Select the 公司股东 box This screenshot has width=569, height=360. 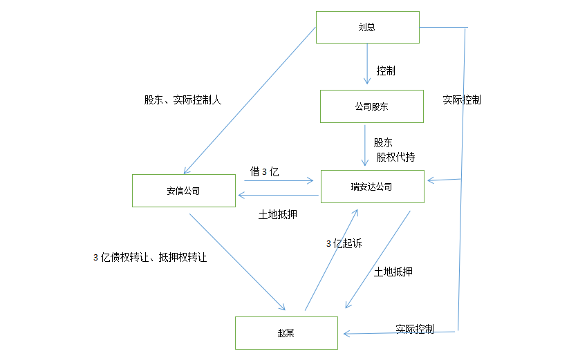pyautogui.click(x=371, y=106)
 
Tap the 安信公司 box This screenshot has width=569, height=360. pyautogui.click(x=183, y=191)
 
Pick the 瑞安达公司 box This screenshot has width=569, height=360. pyautogui.click(x=371, y=187)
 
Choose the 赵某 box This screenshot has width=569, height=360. pyautogui.click(x=286, y=333)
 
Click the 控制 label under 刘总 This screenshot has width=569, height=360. pyautogui.click(x=386, y=70)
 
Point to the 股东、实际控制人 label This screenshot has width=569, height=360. pyautogui.click(x=183, y=100)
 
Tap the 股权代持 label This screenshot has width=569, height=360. pyautogui.click(x=395, y=157)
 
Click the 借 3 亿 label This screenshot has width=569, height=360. pyautogui.click(x=264, y=171)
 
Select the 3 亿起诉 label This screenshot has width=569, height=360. pyautogui.click(x=344, y=243)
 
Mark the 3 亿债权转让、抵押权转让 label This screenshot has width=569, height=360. pyautogui.click(x=150, y=257)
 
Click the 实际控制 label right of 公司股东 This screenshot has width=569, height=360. pyautogui.click(x=462, y=100)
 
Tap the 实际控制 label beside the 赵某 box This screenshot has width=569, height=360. pyautogui.click(x=415, y=328)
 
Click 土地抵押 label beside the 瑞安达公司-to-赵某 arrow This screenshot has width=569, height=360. pyautogui.click(x=393, y=272)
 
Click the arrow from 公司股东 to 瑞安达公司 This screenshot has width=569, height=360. pyautogui.click(x=366, y=146)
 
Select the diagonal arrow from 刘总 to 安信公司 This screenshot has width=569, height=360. pyautogui.click(x=249, y=100)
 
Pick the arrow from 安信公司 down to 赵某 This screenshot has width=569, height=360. pyautogui.click(x=236, y=261)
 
